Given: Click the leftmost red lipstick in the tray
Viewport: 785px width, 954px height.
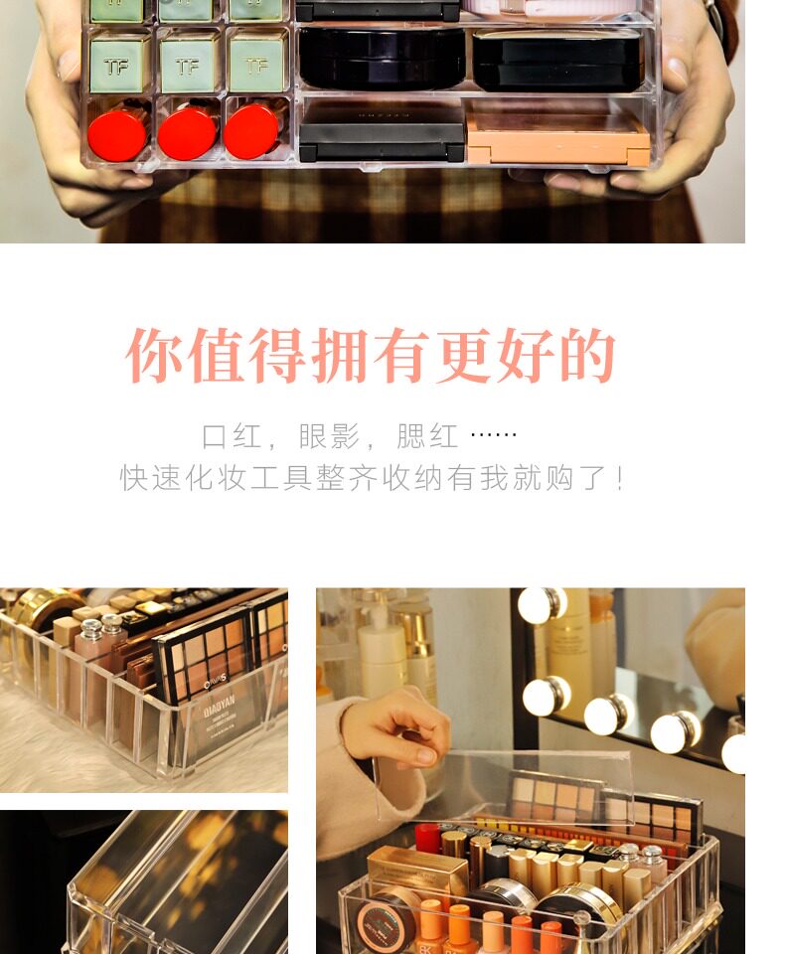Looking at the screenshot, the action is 117,133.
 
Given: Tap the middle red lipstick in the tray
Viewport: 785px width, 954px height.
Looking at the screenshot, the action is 188,132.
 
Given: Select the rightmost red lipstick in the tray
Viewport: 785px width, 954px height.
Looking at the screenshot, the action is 252,130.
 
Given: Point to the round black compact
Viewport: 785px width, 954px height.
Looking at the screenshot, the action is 383,59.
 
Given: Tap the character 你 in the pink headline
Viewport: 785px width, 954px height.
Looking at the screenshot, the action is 154,356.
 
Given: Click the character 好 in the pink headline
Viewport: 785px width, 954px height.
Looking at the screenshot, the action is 525,356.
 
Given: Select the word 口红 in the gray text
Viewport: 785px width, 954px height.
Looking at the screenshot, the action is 232,436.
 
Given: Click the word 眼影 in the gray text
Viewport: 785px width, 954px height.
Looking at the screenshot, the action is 329,436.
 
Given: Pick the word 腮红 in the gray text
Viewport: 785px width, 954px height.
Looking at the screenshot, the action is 427,436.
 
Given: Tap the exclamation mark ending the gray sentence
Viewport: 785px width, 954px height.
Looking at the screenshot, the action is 619,478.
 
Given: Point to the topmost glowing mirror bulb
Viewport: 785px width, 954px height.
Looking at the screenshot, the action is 542,605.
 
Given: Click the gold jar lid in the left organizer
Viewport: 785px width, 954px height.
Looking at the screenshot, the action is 42,608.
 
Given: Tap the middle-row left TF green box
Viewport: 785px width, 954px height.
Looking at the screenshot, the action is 118,63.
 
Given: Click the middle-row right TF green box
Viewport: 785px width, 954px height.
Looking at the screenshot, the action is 256,63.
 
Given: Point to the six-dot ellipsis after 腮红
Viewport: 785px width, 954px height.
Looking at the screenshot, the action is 494,434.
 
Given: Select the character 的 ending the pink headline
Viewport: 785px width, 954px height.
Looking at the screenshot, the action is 586,356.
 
